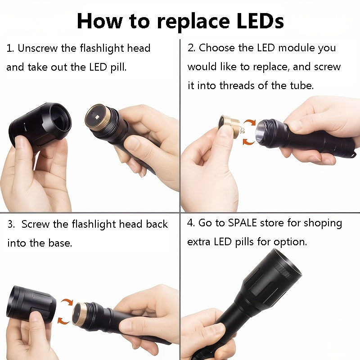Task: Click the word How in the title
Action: click(99, 21)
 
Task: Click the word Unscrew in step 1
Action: click(40, 48)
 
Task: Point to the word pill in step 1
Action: click(114, 67)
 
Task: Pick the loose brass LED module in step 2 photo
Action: click(229, 126)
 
